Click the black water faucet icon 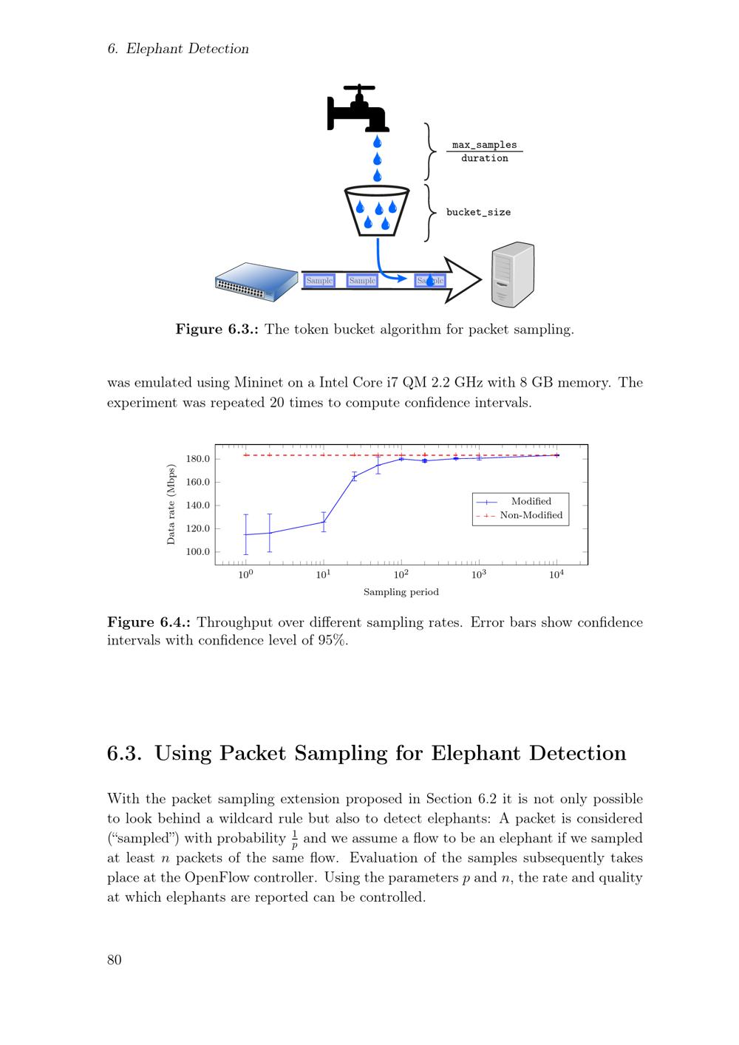(358, 109)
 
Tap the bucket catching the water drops (377, 211)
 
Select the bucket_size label (478, 212)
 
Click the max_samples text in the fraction (484, 145)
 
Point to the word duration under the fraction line (484, 158)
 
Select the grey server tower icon (512, 274)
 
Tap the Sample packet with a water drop (430, 281)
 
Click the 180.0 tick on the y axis (198, 459)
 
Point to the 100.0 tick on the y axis (198, 552)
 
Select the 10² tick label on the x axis (401, 574)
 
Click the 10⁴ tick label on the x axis (556, 574)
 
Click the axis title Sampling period (401, 592)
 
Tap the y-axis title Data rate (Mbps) (171, 505)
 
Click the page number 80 (115, 960)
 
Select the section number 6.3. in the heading (124, 753)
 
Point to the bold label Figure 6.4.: (149, 622)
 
